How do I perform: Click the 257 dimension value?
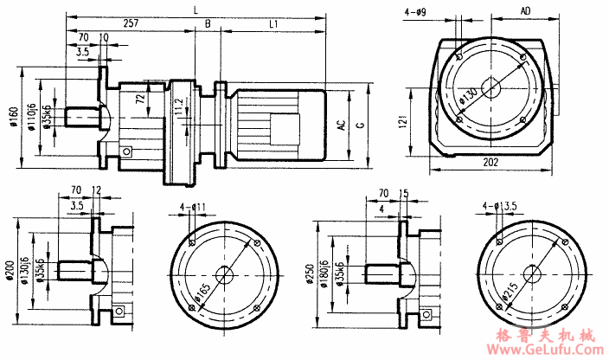131,23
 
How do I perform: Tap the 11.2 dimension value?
179,108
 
